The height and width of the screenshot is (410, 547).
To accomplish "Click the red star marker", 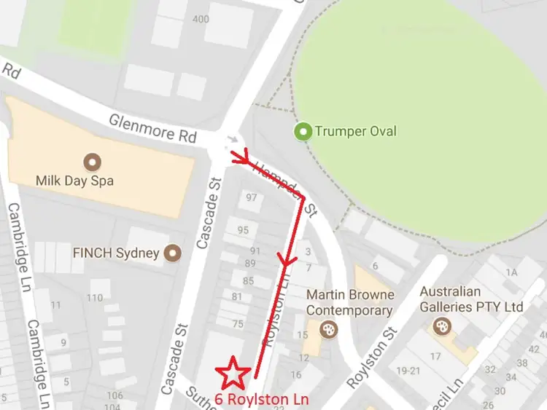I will (234, 373).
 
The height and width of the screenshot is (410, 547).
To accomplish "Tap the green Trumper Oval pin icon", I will (303, 132).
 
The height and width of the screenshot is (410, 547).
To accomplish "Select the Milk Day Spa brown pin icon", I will (93, 161).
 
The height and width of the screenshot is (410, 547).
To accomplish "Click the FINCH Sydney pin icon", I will (173, 253).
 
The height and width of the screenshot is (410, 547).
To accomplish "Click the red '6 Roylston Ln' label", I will (261, 399).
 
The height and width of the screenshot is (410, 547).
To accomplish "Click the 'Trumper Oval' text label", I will (356, 132).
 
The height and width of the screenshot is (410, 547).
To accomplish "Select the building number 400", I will (201, 18).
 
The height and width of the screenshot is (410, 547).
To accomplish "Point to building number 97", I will (252, 197).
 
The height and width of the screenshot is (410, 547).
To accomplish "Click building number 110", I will (95, 298).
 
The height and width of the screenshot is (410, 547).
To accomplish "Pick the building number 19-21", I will (407, 370).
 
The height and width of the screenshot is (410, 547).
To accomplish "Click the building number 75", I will (238, 324).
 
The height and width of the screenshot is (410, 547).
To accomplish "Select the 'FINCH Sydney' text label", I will (116, 253).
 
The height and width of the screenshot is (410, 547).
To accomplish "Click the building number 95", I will (243, 230).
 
